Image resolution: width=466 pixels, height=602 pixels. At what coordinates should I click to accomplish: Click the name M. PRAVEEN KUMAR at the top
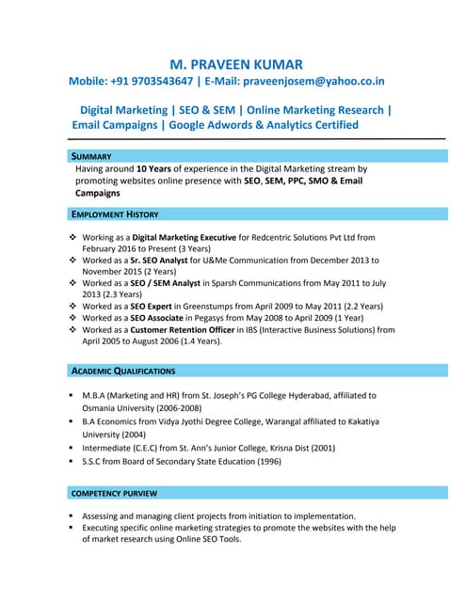click(x=235, y=64)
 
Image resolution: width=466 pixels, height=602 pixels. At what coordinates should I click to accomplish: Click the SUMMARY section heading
click(x=92, y=155)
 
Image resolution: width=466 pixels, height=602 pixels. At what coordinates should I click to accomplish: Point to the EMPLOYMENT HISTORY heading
click(x=116, y=214)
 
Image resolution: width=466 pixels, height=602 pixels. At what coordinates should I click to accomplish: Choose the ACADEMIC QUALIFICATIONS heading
click(x=123, y=371)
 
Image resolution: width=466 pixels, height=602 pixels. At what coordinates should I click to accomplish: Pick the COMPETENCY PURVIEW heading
click(x=115, y=493)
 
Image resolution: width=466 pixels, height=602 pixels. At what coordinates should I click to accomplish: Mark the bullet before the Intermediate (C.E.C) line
click(x=72, y=448)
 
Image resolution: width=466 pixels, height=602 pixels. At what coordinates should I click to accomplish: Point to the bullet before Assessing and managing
click(x=72, y=516)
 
